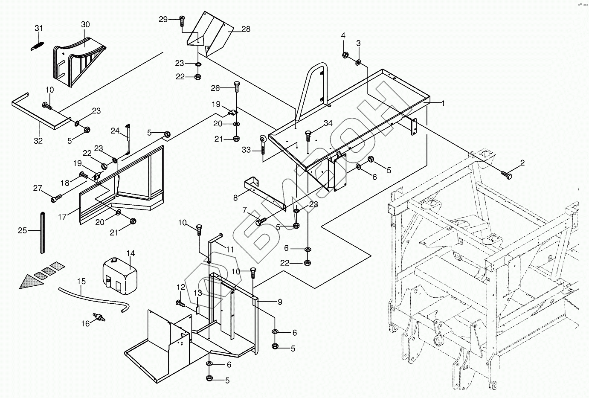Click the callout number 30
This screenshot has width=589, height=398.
(85, 24)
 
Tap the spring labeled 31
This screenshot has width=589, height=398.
(38, 46)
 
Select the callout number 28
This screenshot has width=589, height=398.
(246, 29)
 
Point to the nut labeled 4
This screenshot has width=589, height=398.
(345, 55)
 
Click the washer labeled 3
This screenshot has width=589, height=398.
(358, 63)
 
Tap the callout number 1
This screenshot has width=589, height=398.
(443, 103)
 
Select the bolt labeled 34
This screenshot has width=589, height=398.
(308, 136)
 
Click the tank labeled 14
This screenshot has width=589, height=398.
(120, 276)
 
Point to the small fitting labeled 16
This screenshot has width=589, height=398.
(99, 317)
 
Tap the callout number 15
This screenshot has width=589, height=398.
(81, 282)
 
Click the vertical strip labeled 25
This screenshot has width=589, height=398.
(42, 233)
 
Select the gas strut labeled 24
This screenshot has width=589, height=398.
(128, 139)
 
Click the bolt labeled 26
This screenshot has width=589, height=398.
(237, 86)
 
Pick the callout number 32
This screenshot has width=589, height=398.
(38, 141)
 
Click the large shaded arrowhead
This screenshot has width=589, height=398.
(32, 282)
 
